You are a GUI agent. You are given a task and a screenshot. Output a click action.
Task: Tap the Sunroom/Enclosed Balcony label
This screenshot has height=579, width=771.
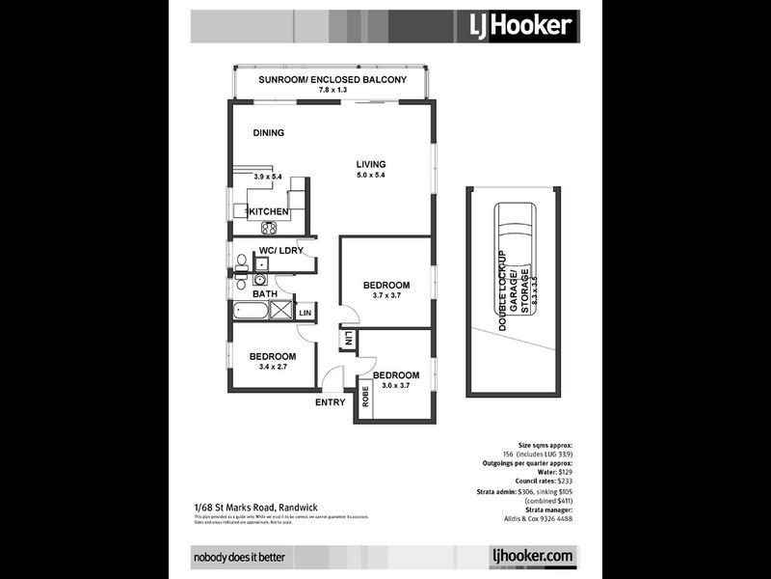pos(332,80)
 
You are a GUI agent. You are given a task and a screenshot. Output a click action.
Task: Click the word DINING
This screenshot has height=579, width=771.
pos(269,133)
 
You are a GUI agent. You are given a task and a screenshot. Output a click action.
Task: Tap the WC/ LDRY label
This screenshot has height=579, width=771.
pos(280,251)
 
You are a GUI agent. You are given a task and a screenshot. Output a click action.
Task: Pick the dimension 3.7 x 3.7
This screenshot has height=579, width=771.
pos(385,296)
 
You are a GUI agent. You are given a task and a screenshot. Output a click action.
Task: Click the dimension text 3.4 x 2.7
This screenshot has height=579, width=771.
pos(271,368)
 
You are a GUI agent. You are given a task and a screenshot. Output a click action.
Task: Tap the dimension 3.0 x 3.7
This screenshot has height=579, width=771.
pos(395,386)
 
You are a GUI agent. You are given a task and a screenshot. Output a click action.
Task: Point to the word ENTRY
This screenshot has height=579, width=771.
pos(331,402)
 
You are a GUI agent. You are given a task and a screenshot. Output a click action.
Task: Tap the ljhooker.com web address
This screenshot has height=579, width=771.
pos(531,556)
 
